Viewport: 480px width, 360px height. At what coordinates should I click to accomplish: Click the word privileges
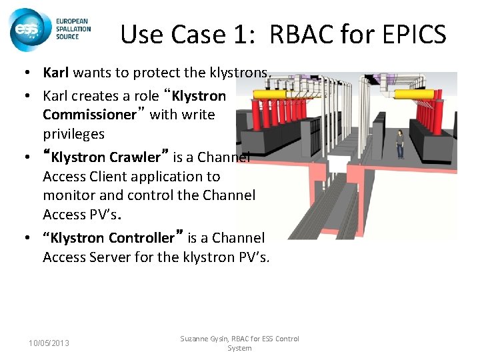click(x=73, y=133)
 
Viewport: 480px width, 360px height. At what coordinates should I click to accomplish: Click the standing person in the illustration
click(x=400, y=143)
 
